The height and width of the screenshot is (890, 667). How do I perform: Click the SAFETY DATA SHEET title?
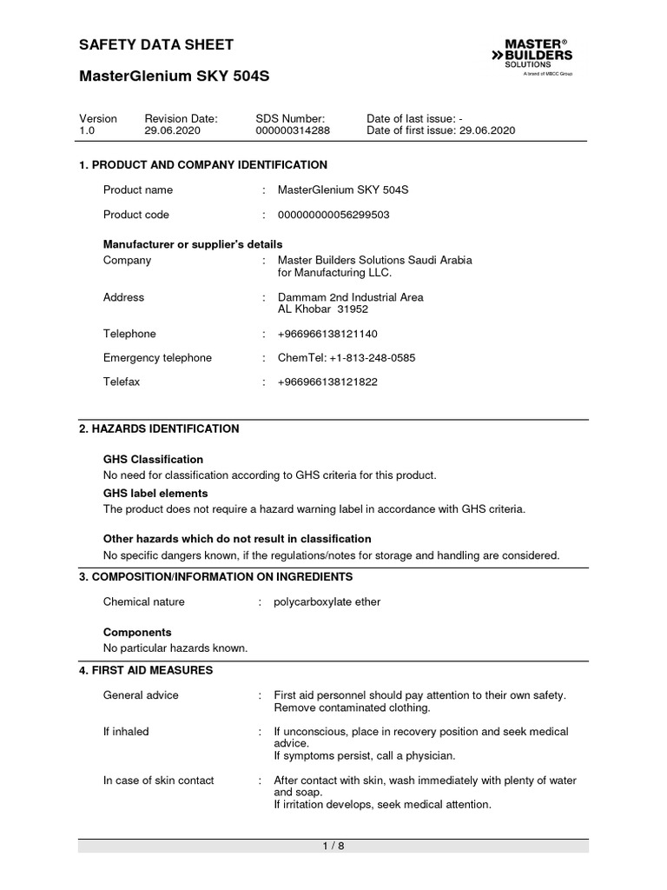[156, 45]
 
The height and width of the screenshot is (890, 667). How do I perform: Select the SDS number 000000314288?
[293, 130]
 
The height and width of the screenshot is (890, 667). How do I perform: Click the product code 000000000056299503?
[333, 215]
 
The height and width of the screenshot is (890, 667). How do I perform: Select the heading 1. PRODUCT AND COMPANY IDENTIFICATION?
[203, 165]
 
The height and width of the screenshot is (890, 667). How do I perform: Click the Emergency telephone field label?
[157, 358]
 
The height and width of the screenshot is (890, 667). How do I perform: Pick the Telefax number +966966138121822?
[327, 382]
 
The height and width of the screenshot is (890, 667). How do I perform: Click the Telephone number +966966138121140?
[327, 334]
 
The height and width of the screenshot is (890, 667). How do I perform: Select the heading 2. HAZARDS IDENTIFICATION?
[159, 429]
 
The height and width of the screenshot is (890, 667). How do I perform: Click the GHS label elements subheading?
[155, 494]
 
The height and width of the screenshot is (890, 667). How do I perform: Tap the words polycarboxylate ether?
[327, 601]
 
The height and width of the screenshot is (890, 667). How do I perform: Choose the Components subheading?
[137, 633]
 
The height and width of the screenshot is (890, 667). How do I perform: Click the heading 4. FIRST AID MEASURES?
[146, 671]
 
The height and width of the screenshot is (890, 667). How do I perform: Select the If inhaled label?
[126, 732]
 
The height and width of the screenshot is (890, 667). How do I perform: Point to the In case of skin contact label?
[159, 780]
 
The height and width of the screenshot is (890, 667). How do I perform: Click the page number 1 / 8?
[333, 846]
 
